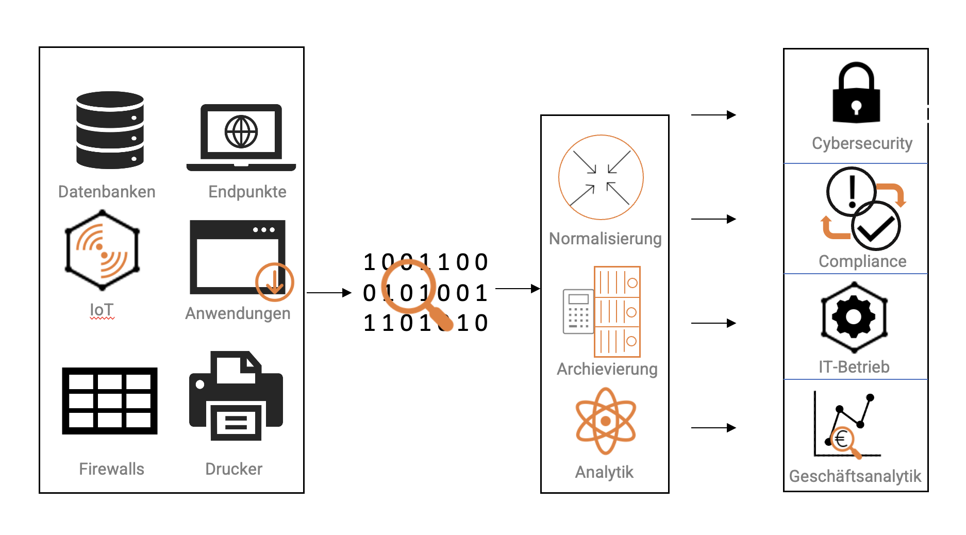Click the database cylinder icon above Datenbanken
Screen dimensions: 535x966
(x=110, y=130)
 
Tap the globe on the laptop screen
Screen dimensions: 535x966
(x=241, y=132)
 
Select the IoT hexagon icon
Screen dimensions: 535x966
(x=102, y=250)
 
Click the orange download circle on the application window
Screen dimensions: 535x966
(x=274, y=282)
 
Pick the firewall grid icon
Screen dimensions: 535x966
(x=110, y=400)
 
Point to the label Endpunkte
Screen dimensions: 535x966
(x=247, y=192)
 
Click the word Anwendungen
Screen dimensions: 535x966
(x=238, y=313)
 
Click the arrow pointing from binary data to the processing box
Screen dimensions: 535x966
(x=517, y=289)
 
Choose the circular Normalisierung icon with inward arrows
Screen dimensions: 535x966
(x=601, y=177)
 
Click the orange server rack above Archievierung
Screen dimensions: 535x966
(x=617, y=311)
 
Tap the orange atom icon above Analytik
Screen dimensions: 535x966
(x=606, y=421)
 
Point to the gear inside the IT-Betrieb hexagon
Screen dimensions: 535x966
(x=854, y=316)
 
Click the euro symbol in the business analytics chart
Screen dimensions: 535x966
(x=842, y=440)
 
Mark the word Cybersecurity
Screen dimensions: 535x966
(x=862, y=143)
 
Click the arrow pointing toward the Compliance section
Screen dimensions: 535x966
(x=713, y=219)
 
